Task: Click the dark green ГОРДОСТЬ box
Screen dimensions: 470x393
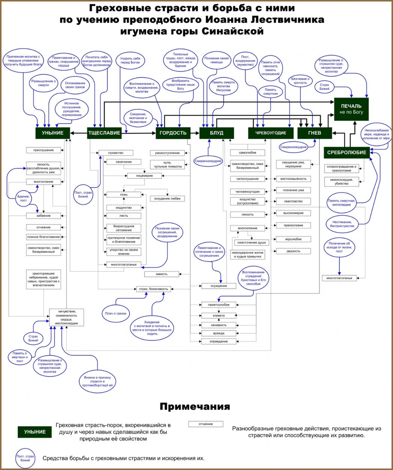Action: coord(173,133)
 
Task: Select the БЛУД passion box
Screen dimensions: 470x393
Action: coord(216,133)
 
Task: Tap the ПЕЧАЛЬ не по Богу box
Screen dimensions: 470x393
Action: coord(351,109)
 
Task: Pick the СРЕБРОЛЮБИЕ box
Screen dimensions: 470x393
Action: coord(346,152)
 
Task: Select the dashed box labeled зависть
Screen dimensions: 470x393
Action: coord(162,274)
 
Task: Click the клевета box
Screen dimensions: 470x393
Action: coord(219,316)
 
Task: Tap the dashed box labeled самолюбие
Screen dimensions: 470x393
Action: coord(247,153)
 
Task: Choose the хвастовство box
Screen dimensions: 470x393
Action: coord(293,201)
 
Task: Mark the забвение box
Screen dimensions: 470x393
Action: coord(43,216)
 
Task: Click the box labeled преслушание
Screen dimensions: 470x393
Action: coord(43,150)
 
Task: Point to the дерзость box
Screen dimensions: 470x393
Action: coord(293,251)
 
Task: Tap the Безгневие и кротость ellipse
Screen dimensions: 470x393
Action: coord(300,81)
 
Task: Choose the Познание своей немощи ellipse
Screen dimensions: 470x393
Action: coord(216,60)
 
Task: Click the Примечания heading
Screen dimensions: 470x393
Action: coord(195,407)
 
